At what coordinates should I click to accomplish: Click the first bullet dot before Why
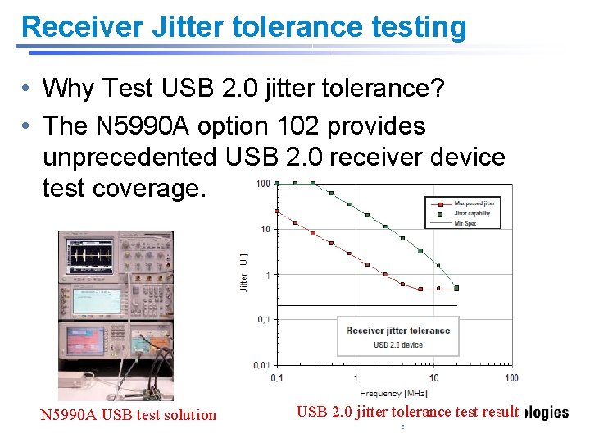28,88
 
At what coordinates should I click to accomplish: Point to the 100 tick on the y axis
263,183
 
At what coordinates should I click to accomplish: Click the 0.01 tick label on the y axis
262,364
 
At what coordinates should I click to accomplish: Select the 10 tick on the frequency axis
433,377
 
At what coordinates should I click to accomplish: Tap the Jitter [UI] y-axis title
243,272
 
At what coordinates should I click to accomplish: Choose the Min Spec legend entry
466,222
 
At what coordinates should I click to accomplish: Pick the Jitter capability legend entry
471,212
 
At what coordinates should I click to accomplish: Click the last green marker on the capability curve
456,288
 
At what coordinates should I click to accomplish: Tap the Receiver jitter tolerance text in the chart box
398,331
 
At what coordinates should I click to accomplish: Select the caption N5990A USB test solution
129,415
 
